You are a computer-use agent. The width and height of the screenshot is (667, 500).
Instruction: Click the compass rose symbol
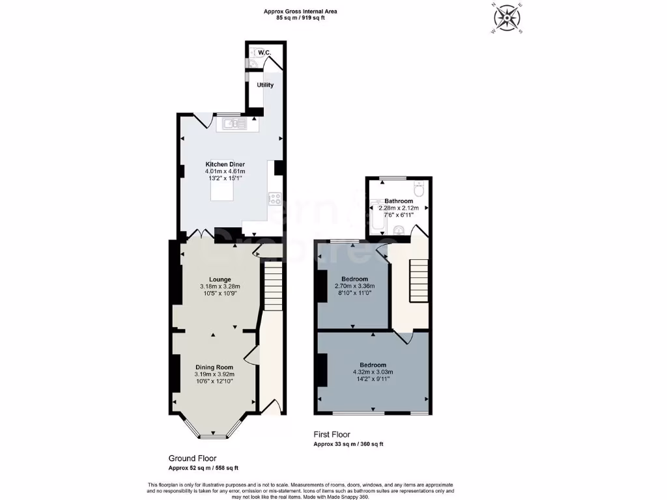click(x=510, y=18)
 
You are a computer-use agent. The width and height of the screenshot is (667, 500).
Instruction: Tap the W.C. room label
click(x=264, y=52)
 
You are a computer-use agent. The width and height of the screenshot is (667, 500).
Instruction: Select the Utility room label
click(x=265, y=85)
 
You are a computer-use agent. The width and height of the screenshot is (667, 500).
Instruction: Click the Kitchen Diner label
click(x=225, y=163)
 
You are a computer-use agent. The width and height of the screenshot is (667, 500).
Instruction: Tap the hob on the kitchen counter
click(x=274, y=199)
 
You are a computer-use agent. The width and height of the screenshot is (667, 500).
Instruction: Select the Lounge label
click(x=220, y=279)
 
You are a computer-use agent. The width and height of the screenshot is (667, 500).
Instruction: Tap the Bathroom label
click(x=398, y=201)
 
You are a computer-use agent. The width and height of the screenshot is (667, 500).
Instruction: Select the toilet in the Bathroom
click(x=419, y=188)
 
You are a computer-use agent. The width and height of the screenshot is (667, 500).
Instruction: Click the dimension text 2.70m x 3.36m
click(x=354, y=286)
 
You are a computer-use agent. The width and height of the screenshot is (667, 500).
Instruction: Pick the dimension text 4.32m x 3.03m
click(x=373, y=372)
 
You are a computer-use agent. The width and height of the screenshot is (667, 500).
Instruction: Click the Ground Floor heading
click(x=192, y=458)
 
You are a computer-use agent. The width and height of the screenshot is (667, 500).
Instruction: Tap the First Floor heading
click(x=332, y=434)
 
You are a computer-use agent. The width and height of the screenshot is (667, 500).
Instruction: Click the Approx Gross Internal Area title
click(x=300, y=11)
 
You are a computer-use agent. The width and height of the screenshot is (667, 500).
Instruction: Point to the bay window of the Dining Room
click(x=213, y=432)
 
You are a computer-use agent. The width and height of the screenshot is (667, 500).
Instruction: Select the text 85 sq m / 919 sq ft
click(x=300, y=18)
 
